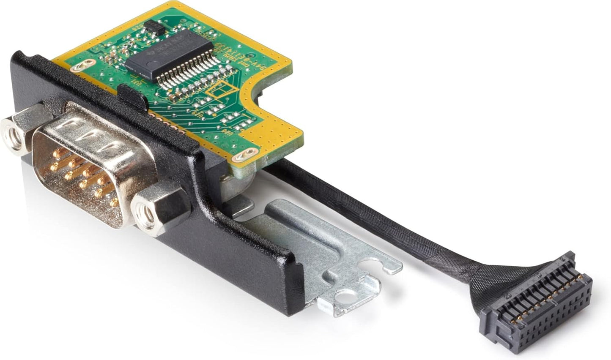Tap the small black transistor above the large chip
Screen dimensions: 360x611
[x=154, y=27]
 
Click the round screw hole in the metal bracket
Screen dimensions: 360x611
[x=351, y=296]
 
